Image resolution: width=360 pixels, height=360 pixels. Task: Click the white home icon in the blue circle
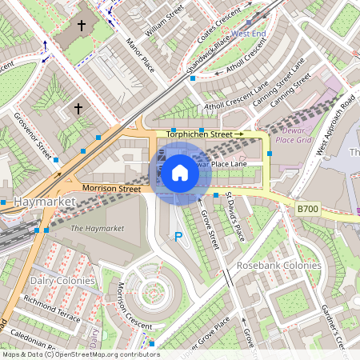[180, 172]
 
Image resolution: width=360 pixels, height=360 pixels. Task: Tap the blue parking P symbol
[178, 236]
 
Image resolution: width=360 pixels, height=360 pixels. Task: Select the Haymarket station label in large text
[44, 203]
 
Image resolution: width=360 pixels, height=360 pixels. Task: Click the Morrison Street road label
[111, 189]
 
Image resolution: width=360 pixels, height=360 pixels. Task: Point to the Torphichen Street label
[204, 134]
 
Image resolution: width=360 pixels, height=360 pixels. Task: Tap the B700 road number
[307, 209]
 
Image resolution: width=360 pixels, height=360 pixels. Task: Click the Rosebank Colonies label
[278, 266]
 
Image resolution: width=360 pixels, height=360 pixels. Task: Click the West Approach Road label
[336, 124]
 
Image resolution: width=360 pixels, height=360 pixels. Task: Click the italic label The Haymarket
[97, 229]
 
